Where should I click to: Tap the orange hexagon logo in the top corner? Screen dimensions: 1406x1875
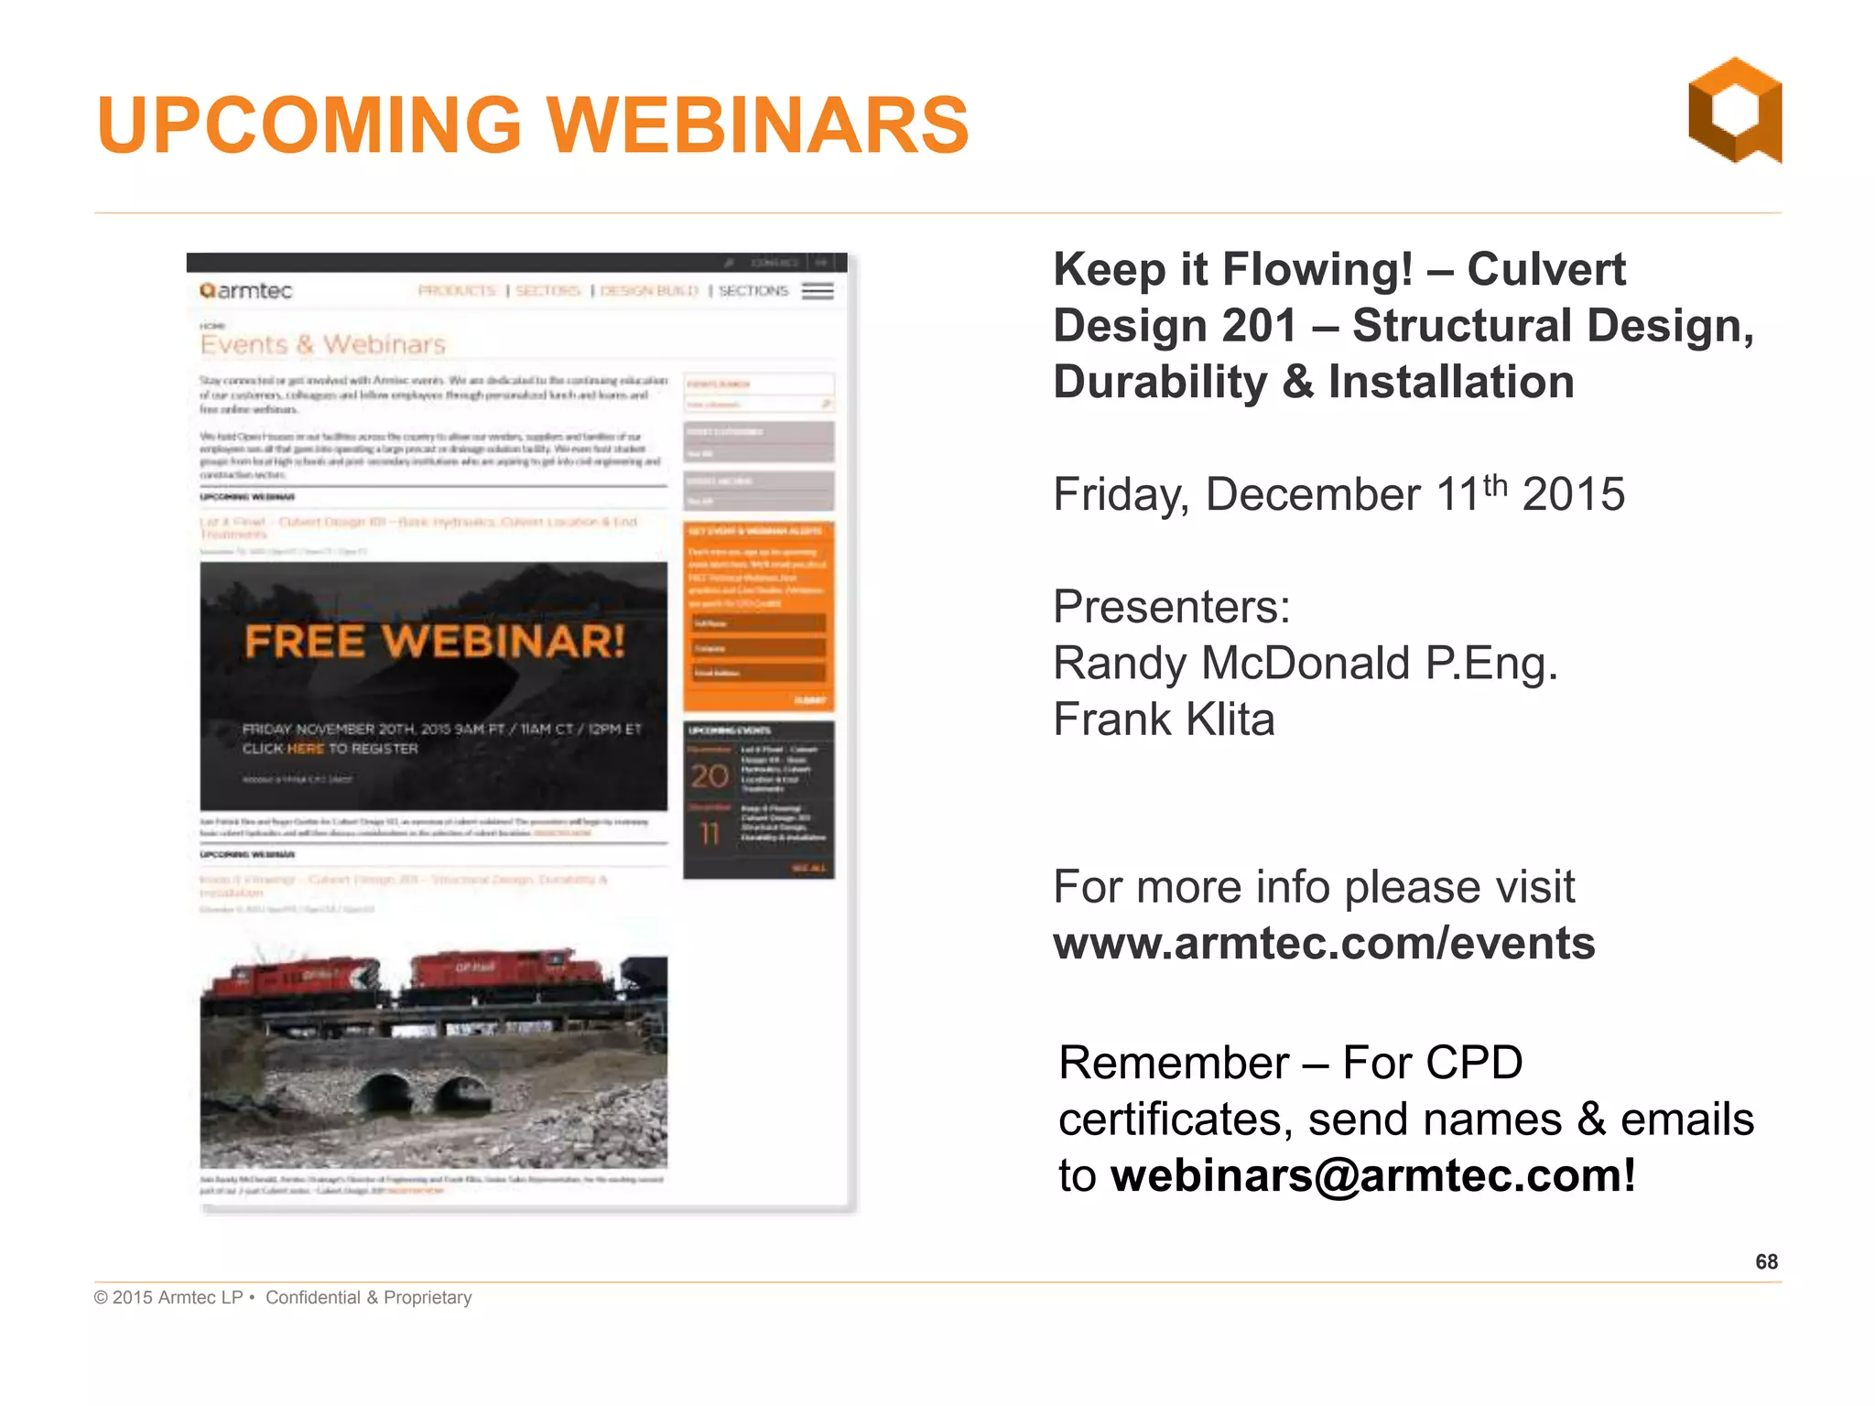[x=1735, y=111]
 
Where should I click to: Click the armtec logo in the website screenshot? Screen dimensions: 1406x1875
[x=246, y=291]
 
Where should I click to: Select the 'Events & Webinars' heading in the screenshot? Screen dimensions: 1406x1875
[x=323, y=345]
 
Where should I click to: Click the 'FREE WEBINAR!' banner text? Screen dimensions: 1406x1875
[x=435, y=641]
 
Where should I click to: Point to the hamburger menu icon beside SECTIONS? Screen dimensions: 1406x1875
[x=818, y=291]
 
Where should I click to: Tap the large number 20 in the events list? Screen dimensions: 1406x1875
[x=710, y=776]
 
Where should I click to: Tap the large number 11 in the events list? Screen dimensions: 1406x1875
[x=710, y=834]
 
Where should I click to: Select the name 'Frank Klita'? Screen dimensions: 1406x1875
[x=1164, y=719]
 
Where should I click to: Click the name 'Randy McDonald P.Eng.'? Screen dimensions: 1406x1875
[x=1305, y=663]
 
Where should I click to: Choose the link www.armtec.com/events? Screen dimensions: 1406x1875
[x=1324, y=944]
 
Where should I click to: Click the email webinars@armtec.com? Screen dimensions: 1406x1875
[x=1372, y=1175]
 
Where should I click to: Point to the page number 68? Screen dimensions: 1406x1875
[x=1766, y=1262]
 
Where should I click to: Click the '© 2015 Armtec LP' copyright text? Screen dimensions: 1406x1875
[x=168, y=1297]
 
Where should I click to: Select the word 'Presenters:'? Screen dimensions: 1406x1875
[x=1172, y=606]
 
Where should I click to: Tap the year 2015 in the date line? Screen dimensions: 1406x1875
[x=1573, y=494]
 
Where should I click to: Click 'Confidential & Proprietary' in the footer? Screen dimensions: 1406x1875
[x=369, y=1297]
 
